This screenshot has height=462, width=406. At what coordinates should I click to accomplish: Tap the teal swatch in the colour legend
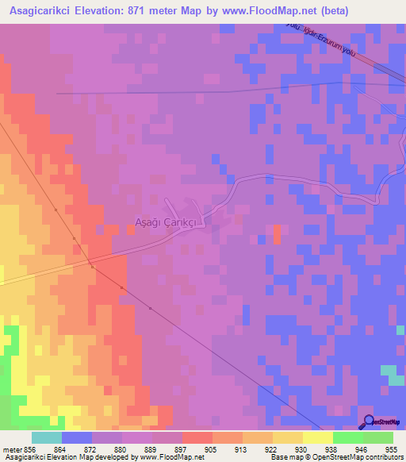[x=46, y=437]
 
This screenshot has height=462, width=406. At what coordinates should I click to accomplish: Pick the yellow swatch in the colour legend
[x=317, y=437]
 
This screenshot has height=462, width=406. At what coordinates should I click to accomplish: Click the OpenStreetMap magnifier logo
[x=367, y=422]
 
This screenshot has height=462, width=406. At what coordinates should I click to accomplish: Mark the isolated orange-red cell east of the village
[x=277, y=234]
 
